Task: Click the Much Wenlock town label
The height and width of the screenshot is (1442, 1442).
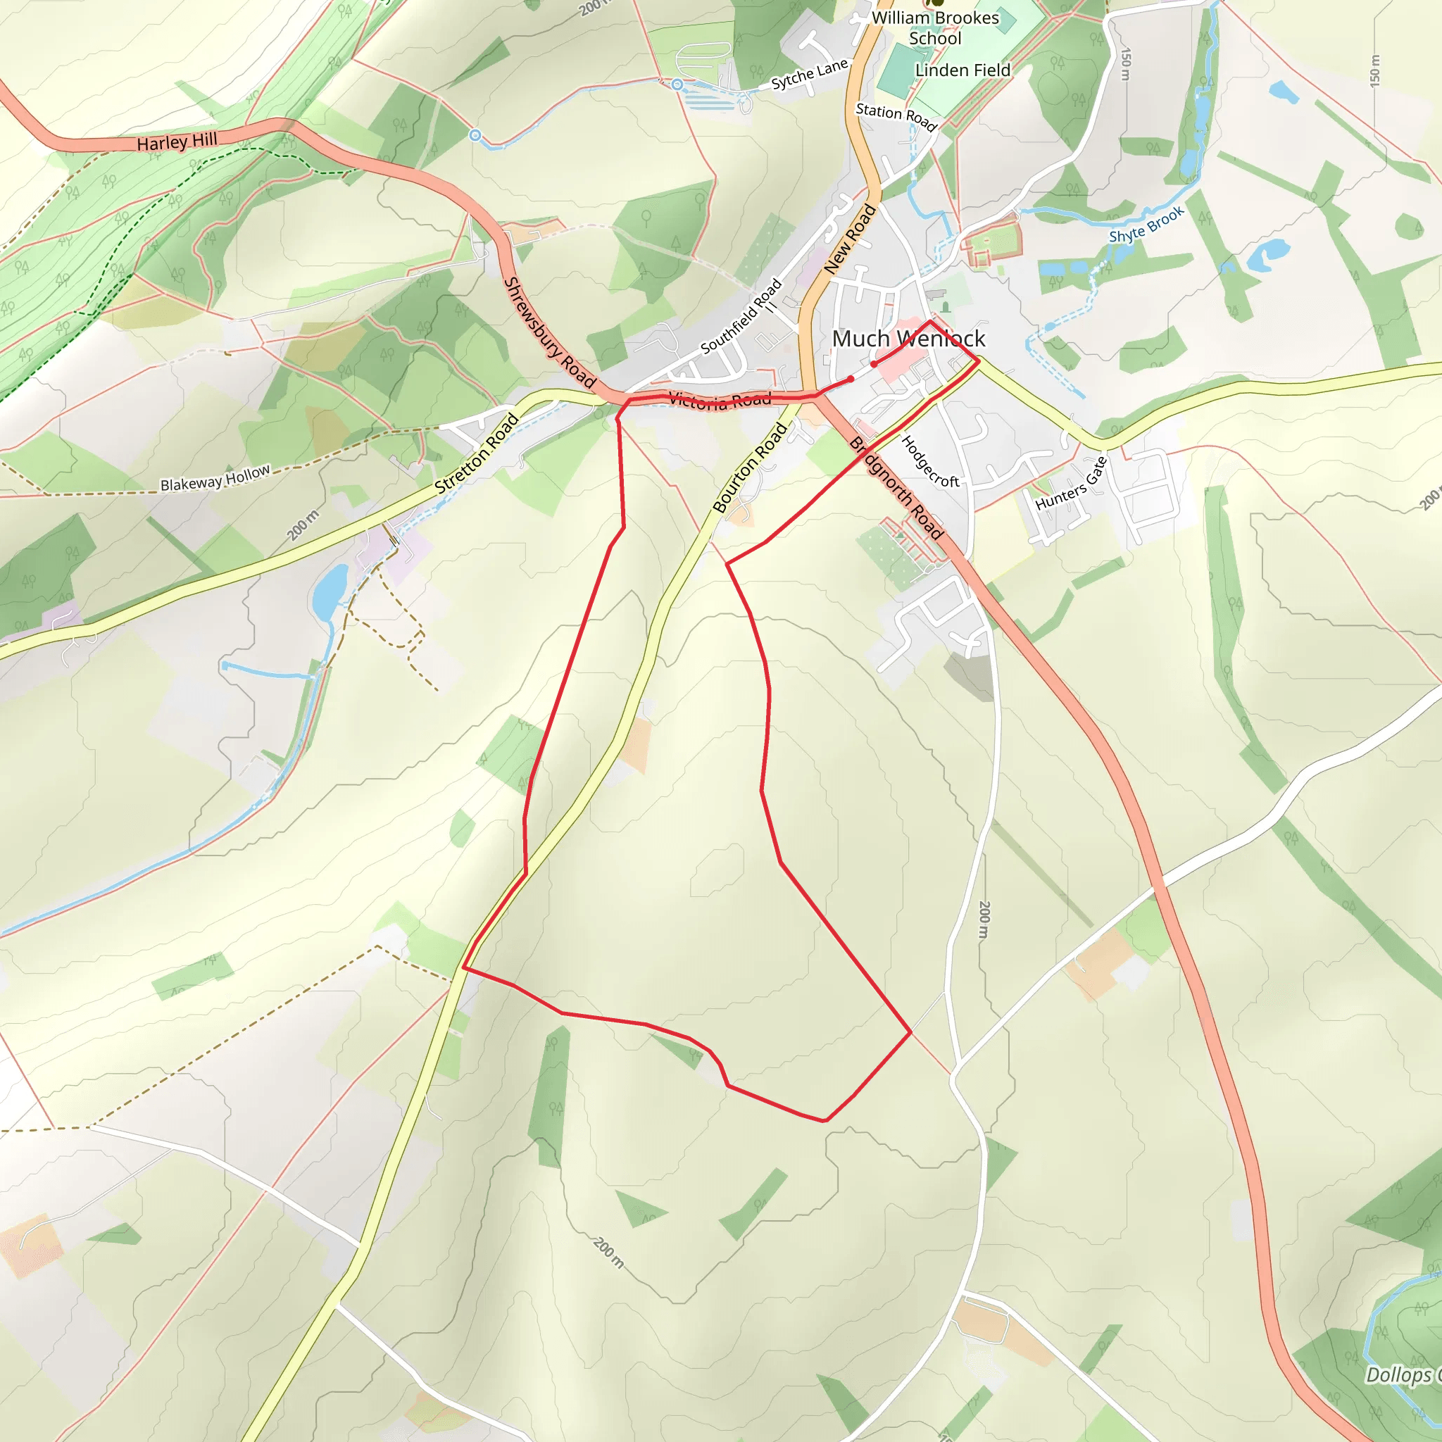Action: [x=908, y=339]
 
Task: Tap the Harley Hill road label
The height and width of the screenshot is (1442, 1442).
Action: [x=177, y=141]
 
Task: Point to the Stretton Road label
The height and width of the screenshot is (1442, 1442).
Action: [x=477, y=453]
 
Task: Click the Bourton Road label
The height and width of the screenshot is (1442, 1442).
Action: [x=749, y=468]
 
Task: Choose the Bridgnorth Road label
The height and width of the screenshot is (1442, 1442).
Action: [x=896, y=488]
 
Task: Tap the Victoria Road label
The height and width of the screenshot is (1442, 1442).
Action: [x=720, y=401]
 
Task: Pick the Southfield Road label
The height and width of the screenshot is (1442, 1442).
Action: [x=741, y=315]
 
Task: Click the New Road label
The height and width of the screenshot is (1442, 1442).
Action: [x=849, y=239]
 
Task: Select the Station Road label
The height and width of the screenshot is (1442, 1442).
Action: [x=896, y=116]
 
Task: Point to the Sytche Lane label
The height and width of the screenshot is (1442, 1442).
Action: [x=810, y=74]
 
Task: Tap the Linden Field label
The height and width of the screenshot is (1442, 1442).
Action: [x=963, y=70]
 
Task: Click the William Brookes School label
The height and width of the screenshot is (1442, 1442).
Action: [x=935, y=27]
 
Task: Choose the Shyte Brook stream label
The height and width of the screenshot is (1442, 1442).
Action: [x=1146, y=225]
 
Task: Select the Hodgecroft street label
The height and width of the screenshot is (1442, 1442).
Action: [x=930, y=462]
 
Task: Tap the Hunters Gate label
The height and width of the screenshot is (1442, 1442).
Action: [x=1071, y=484]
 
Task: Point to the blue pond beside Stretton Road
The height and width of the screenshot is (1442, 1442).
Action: [x=329, y=591]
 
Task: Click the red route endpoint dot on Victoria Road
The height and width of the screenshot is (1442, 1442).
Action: [x=850, y=380]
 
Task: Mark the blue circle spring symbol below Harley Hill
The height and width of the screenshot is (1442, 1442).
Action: [x=475, y=135]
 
